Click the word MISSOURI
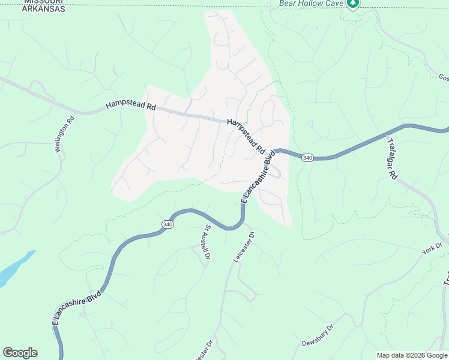pos(44,2)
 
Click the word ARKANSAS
pos(44,10)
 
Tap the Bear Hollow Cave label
pos(310,3)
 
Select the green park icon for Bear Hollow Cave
pos(353,4)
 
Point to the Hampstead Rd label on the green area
pos(130,105)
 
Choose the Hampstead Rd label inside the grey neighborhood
pos(247,135)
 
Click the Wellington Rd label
pos(65,133)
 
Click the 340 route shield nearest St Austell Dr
pos(167,224)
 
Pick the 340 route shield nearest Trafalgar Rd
pos(307,157)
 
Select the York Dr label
pos(431,249)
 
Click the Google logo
pos(20,353)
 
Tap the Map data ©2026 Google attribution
pos(412,355)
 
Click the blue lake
pos(13,269)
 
